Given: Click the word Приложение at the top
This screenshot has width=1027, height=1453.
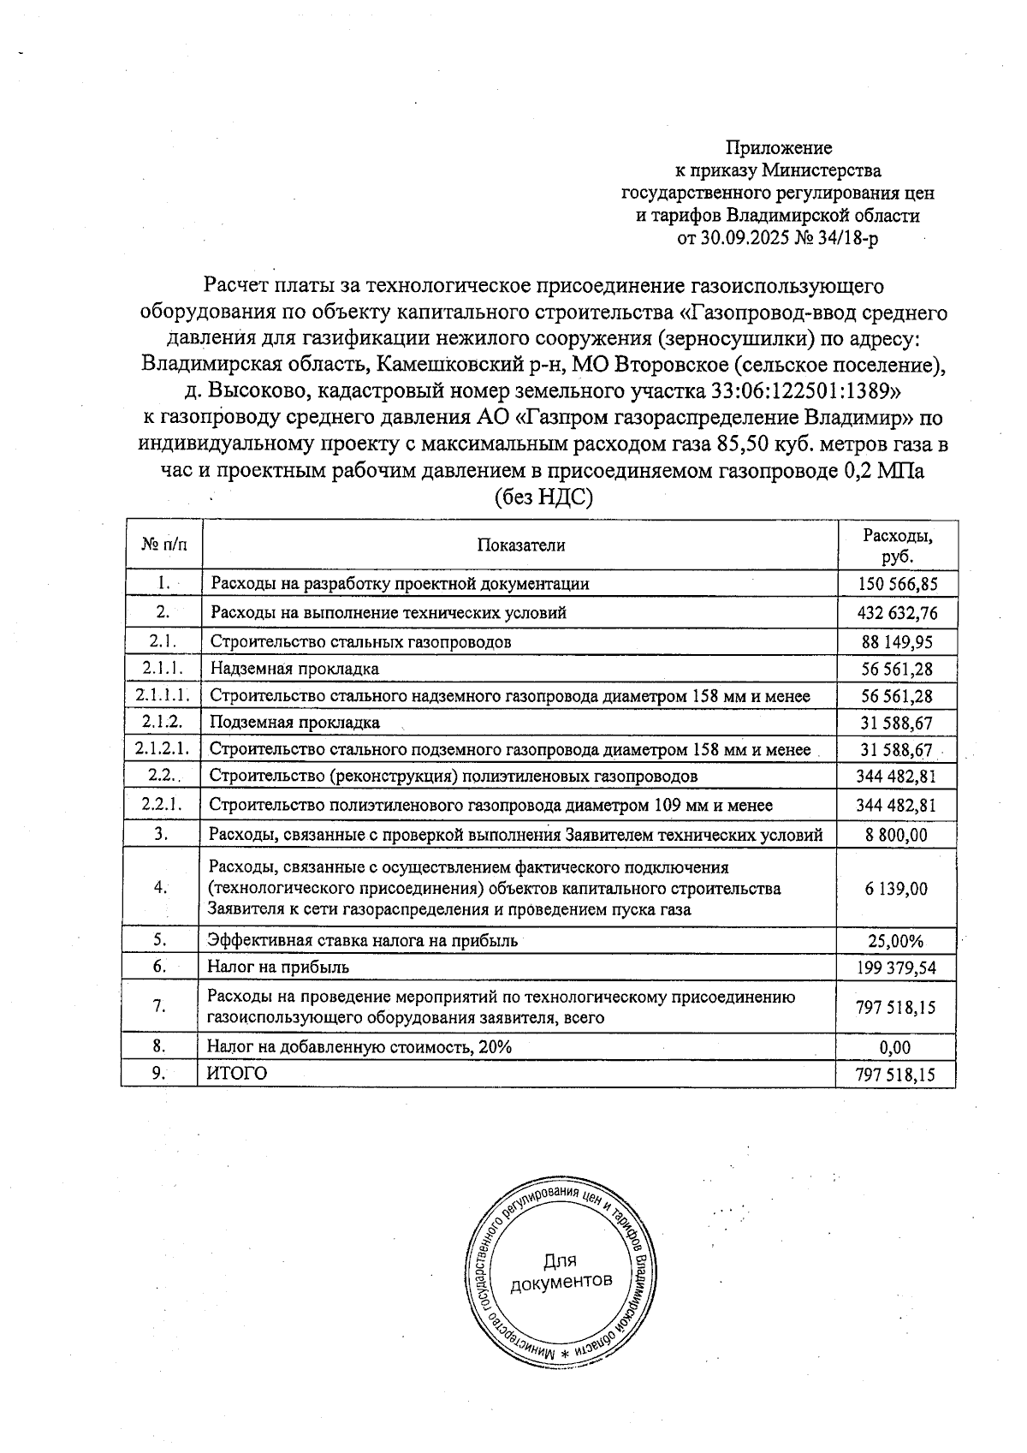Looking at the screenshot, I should [779, 149].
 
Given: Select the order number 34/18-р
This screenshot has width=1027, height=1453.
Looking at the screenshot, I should [846, 239].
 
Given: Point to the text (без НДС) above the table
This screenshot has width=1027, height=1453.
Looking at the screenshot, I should [543, 497].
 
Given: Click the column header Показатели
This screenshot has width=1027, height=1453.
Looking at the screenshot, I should [521, 545].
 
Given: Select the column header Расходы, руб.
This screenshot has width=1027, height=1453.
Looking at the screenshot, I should [897, 545].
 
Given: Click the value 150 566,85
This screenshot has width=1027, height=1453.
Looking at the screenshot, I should [897, 585].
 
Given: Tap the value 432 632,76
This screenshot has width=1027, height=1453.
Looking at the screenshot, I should [897, 613].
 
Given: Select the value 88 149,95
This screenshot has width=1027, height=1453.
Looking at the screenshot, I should [897, 642].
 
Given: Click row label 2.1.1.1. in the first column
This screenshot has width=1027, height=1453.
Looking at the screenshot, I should [163, 695].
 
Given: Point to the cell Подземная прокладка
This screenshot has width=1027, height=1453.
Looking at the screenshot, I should [294, 723].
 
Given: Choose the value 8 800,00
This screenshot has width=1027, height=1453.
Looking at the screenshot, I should [896, 835].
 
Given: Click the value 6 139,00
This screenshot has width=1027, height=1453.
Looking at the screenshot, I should [896, 889].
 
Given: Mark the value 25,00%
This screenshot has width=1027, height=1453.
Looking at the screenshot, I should [896, 941].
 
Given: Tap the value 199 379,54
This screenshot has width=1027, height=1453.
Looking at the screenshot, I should [896, 968].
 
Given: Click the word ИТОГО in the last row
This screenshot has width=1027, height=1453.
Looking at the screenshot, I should [237, 1074].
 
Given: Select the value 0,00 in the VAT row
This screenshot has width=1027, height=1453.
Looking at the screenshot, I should [896, 1047].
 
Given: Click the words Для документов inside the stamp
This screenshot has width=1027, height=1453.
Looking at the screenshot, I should [561, 1271].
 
